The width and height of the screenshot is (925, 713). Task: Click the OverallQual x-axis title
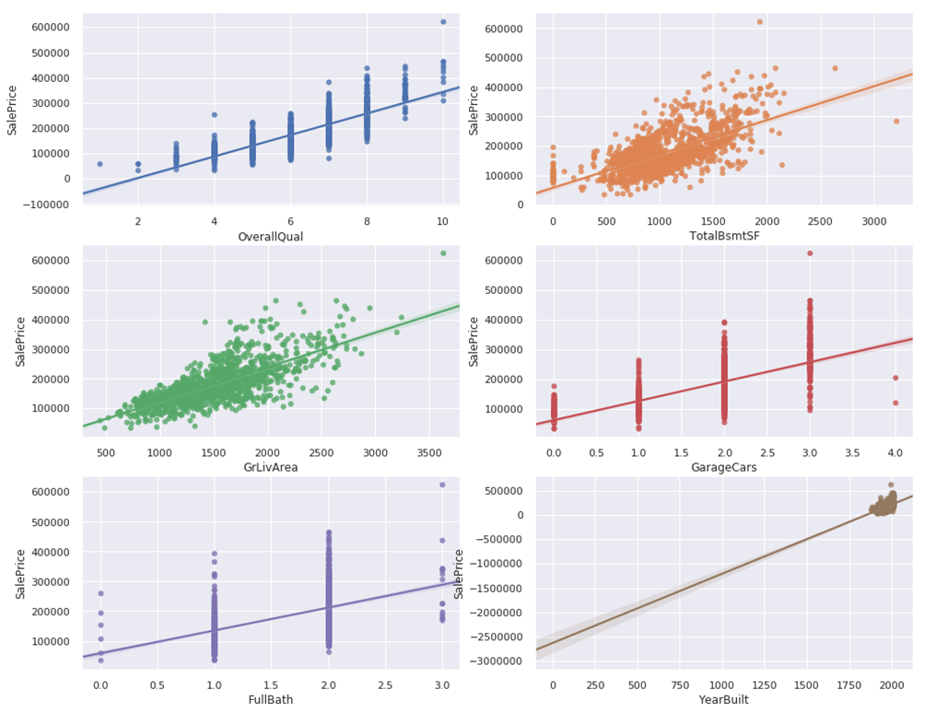click(270, 237)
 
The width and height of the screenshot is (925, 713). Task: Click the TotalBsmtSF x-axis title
click(723, 237)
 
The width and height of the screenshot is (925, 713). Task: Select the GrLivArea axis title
click(270, 467)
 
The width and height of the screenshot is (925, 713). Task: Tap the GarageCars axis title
click(723, 467)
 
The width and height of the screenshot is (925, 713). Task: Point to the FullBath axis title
click(270, 700)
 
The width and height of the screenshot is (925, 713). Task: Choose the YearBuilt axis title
click(723, 700)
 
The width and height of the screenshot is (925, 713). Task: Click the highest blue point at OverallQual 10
click(443, 21)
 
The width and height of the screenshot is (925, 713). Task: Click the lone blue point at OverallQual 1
click(100, 164)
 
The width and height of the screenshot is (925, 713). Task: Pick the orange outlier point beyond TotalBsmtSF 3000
click(896, 121)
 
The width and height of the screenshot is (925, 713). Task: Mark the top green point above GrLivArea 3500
click(443, 252)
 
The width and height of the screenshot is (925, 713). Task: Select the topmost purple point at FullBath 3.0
click(442, 485)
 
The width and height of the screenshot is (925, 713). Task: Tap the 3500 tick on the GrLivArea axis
click(428, 452)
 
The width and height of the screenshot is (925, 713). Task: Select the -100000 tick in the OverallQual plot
click(42, 204)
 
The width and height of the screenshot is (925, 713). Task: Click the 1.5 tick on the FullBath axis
click(272, 684)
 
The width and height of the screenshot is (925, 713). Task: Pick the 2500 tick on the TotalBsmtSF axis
click(817, 222)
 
